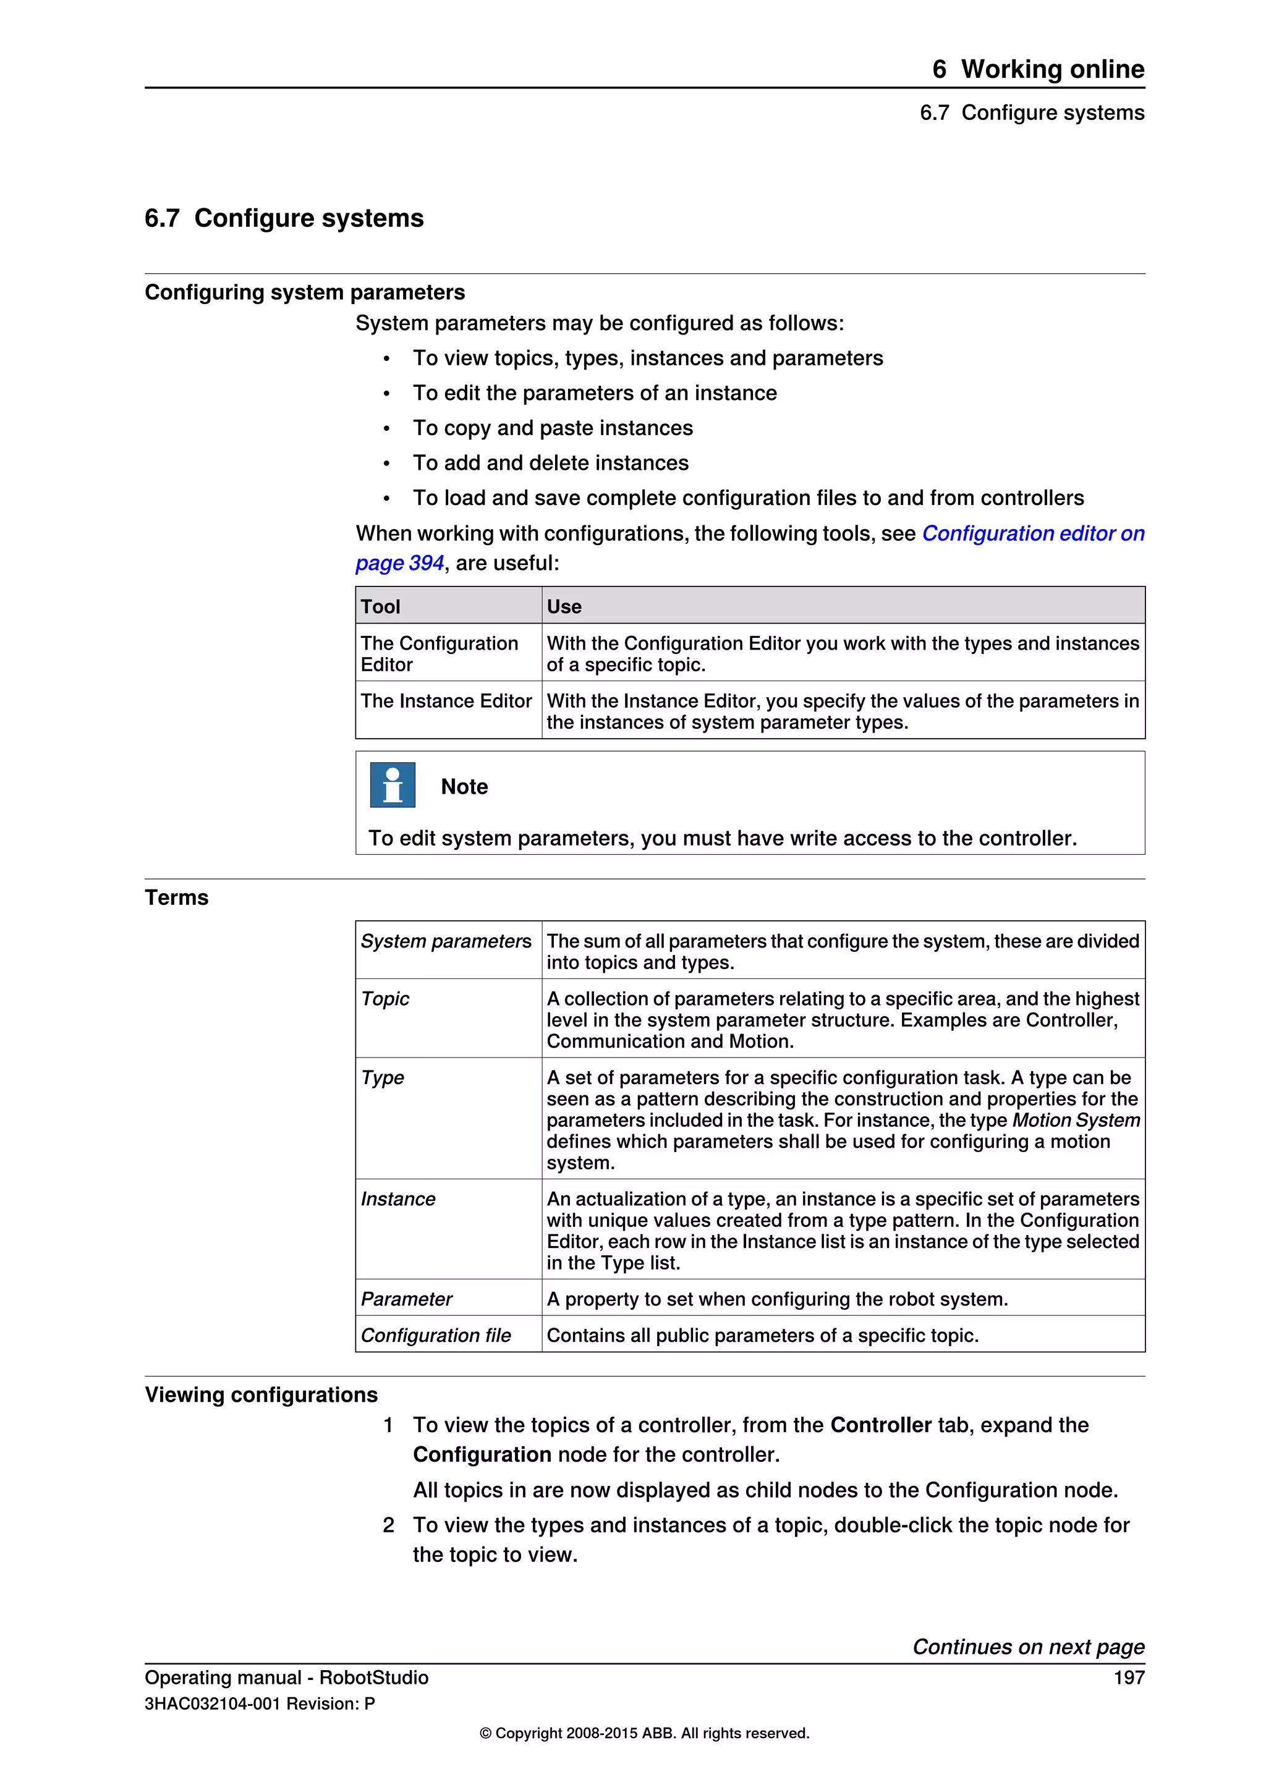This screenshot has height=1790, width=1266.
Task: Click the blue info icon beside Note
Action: [x=392, y=784]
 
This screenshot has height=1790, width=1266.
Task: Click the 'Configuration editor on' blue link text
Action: [x=1032, y=533]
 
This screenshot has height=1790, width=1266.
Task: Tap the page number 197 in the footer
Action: [x=1128, y=1678]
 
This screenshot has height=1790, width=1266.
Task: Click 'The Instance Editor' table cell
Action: [x=446, y=701]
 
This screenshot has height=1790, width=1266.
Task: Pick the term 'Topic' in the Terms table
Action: [x=385, y=999]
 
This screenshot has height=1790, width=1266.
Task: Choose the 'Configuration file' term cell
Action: [x=436, y=1336]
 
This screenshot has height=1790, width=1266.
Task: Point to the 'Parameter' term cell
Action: [x=406, y=1299]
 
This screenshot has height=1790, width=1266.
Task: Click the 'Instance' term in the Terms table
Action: [x=397, y=1199]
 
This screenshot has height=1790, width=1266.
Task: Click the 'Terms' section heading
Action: [x=177, y=897]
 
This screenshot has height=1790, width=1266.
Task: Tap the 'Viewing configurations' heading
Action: [x=261, y=1395]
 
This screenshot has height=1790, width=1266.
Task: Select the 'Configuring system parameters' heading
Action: [x=305, y=292]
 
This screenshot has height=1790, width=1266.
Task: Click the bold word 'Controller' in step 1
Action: [x=880, y=1425]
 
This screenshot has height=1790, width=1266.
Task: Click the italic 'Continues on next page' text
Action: [x=1028, y=1647]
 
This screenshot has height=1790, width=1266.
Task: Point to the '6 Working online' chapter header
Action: [x=1038, y=69]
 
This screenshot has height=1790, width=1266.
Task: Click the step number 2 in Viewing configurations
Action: [x=388, y=1525]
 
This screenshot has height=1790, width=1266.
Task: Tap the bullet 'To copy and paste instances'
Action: [x=553, y=428]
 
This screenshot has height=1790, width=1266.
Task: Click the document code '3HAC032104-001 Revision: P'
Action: [x=260, y=1703]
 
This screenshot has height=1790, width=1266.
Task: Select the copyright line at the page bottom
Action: [x=644, y=1733]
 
